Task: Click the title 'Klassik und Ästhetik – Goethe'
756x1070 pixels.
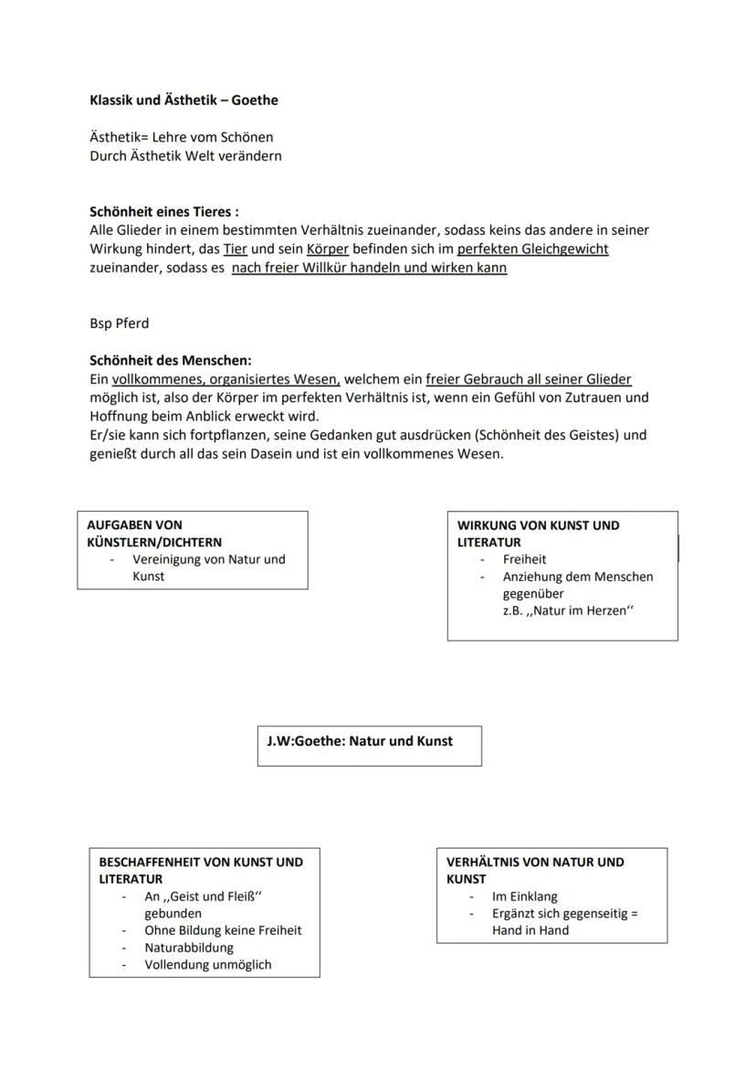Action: tap(184, 101)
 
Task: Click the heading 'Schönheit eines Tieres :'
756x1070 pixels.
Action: tap(164, 212)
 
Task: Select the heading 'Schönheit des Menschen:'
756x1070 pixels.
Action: tap(171, 361)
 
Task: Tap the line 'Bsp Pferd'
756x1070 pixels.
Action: tap(119, 323)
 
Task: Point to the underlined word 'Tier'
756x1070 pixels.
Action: tap(236, 249)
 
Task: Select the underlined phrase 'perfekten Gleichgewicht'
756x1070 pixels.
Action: tap(532, 249)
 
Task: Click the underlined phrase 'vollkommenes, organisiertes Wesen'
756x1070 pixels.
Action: tap(226, 379)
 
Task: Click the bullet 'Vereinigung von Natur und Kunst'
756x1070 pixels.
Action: tap(208, 567)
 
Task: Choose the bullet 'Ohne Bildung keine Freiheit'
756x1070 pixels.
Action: tap(223, 930)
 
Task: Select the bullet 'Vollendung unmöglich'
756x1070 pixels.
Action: tap(207, 965)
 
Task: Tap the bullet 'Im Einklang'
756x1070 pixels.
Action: tap(524, 896)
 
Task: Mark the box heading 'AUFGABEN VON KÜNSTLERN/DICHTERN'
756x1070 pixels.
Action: tap(154, 534)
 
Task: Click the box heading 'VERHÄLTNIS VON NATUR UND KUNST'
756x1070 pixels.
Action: tap(535, 870)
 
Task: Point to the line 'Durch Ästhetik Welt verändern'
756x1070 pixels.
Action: tap(185, 155)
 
